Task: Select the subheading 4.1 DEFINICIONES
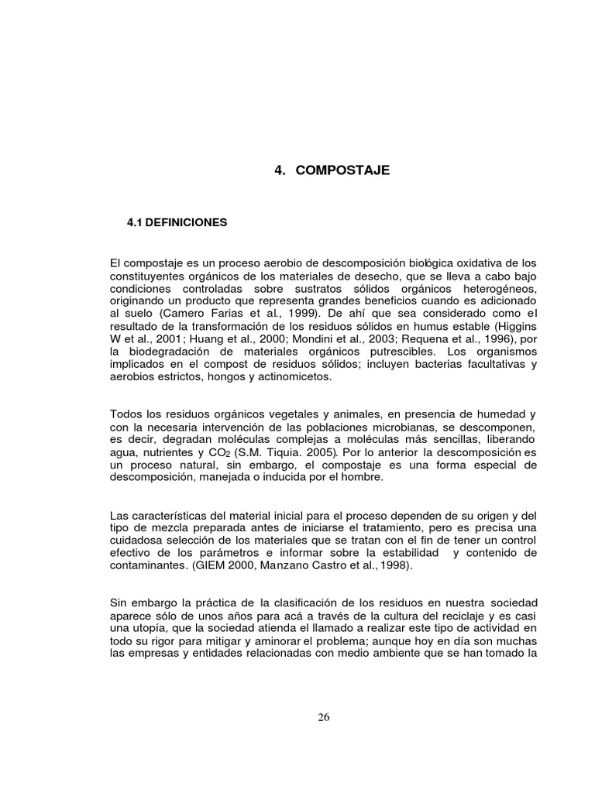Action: pos(177,222)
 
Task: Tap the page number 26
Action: pos(324,716)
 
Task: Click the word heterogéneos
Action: pos(496,290)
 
